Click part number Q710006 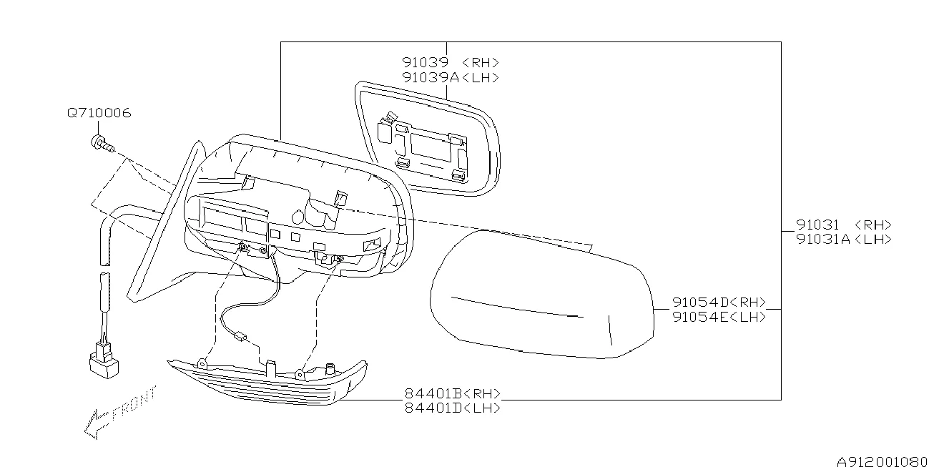[x=99, y=113]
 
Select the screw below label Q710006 [x=102, y=143]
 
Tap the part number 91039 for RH [x=425, y=62]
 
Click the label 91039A [x=431, y=77]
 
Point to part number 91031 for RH [x=817, y=225]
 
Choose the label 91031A [x=823, y=240]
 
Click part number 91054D [x=701, y=302]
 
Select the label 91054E [x=701, y=317]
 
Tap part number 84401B [x=433, y=393]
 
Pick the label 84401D [x=433, y=408]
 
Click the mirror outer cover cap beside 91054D [x=542, y=295]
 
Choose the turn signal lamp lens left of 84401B [x=267, y=381]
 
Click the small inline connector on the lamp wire [x=240, y=335]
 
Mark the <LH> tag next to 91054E [x=748, y=317]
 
